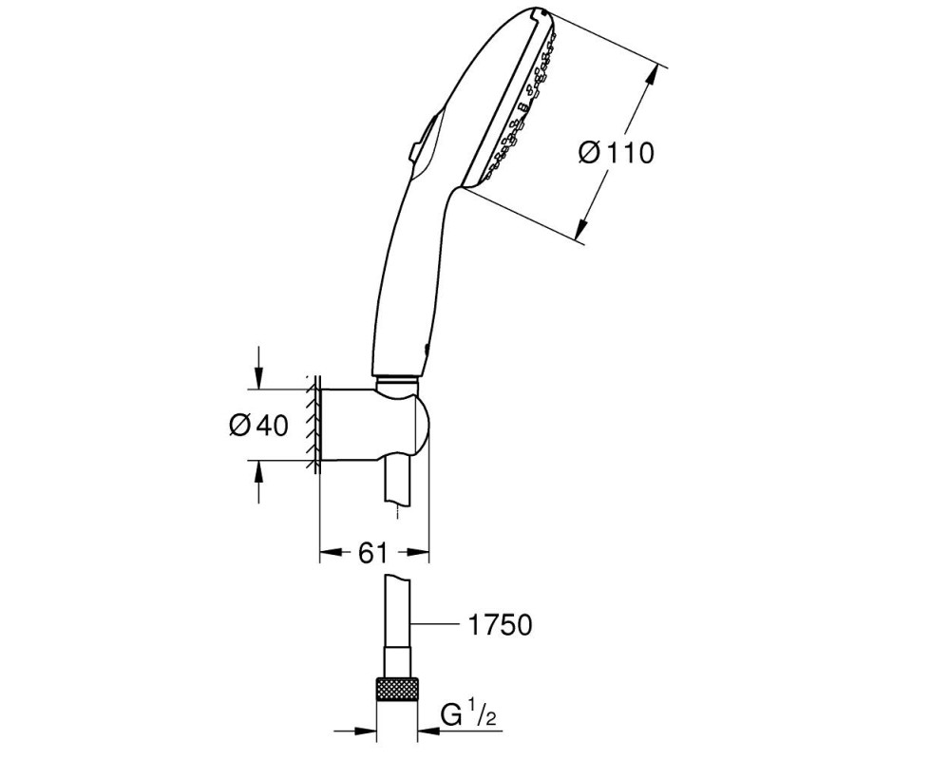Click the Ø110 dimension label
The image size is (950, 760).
tap(616, 152)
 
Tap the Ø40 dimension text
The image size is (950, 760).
tap(258, 426)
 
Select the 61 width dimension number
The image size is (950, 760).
tap(372, 552)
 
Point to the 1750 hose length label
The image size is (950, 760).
tap(500, 624)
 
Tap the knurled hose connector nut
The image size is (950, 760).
tap(397, 688)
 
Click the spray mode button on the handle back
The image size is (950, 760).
tap(420, 142)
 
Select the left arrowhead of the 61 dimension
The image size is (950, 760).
tap(331, 552)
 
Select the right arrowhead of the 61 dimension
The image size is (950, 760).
tap(418, 552)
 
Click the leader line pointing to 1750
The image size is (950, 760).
tap(435, 623)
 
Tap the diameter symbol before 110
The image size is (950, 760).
tap(588, 152)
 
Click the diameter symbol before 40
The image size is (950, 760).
tap(240, 426)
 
